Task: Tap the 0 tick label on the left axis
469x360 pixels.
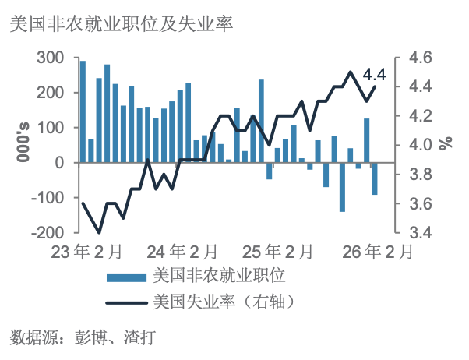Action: click(59, 163)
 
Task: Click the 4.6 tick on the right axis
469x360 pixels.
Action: click(414, 58)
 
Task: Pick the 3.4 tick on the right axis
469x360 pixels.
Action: click(414, 232)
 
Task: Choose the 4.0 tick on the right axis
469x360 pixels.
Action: click(414, 145)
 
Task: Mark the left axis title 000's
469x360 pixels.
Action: click(23, 145)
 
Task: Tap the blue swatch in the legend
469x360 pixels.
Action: click(125, 276)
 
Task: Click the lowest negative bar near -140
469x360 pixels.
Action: click(342, 187)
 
